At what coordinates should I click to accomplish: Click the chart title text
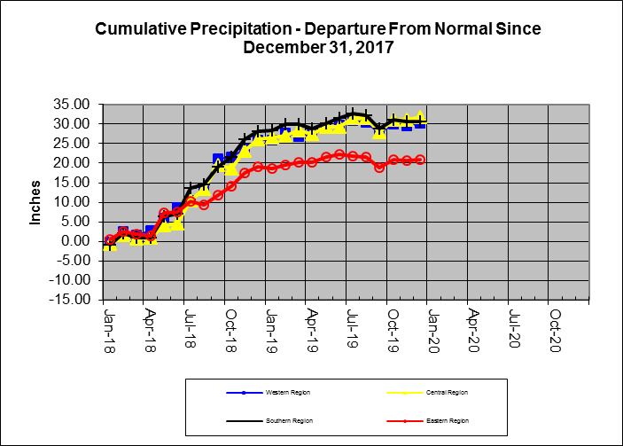317,37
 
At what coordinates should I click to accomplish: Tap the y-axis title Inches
36,202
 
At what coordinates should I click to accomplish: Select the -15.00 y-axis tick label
70,300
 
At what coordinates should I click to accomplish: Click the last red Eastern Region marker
420,160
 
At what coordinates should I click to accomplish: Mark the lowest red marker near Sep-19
379,167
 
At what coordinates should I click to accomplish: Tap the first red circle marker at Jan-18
110,240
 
